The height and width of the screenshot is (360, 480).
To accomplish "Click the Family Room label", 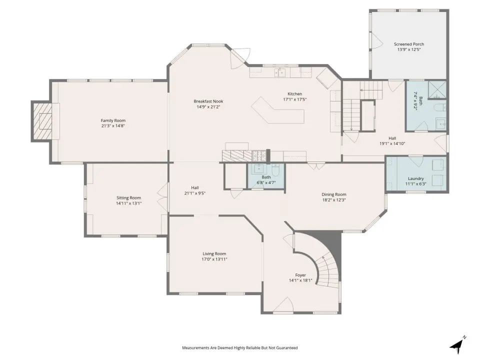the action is [113, 120].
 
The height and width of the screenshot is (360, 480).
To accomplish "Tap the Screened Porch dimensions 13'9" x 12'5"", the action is [409, 49].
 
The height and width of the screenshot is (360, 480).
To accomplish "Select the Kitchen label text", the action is [295, 94].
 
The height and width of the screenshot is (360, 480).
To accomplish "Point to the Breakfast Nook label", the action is [208, 101].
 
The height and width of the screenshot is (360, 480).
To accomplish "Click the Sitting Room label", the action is [128, 198].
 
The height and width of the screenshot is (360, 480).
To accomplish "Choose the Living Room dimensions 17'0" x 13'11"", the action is [214, 259].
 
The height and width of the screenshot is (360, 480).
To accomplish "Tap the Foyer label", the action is [300, 275].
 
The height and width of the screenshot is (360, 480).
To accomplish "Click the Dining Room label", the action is [334, 194].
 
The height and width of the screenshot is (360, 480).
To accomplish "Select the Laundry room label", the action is [415, 178].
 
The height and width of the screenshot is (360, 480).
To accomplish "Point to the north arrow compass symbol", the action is [457, 345].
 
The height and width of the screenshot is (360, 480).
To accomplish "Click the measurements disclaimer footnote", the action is [239, 348].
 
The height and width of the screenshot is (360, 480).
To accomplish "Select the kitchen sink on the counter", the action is [280, 72].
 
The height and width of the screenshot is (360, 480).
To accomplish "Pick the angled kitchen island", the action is [277, 110].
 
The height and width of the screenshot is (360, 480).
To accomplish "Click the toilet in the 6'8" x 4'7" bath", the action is [275, 170].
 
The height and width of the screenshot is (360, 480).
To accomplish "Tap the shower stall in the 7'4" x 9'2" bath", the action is [437, 90].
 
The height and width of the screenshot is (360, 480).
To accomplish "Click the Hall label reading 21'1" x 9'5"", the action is [195, 190].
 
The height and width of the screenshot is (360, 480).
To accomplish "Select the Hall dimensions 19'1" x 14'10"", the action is [392, 143].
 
